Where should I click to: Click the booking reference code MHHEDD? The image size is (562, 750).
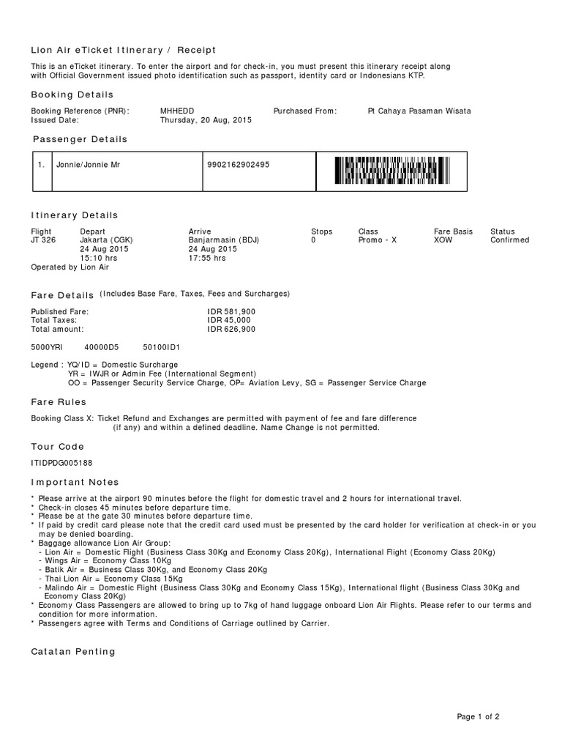[177, 111]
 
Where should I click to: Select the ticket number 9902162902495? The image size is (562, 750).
[239, 165]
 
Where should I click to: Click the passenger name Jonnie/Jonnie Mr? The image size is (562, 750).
[88, 165]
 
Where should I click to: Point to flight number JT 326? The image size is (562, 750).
[43, 240]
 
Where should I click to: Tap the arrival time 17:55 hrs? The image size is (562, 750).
[207, 259]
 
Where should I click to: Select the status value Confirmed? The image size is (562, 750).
[509, 240]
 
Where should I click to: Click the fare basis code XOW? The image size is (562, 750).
[443, 240]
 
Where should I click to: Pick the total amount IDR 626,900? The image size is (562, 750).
[231, 330]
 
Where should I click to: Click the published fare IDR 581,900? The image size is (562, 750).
[231, 312]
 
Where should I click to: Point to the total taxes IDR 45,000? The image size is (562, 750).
[229, 321]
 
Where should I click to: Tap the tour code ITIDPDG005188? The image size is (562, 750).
[61, 463]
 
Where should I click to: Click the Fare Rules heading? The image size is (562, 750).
[59, 402]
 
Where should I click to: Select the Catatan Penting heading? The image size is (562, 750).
[73, 652]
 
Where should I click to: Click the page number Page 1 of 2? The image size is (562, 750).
[479, 717]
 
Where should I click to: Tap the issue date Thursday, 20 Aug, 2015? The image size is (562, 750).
[206, 120]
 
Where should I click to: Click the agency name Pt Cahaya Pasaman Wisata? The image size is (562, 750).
[419, 111]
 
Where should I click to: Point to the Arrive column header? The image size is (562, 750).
[200, 231]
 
